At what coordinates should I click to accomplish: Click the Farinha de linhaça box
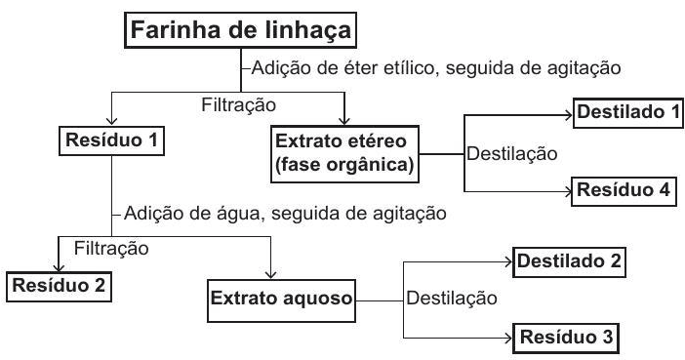tap(241, 30)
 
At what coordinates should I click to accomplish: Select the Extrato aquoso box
tap(281, 297)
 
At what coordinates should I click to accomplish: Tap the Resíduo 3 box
tap(565, 338)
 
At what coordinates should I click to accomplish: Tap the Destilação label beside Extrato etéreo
tap(512, 153)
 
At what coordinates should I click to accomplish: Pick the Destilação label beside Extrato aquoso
tap(452, 297)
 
